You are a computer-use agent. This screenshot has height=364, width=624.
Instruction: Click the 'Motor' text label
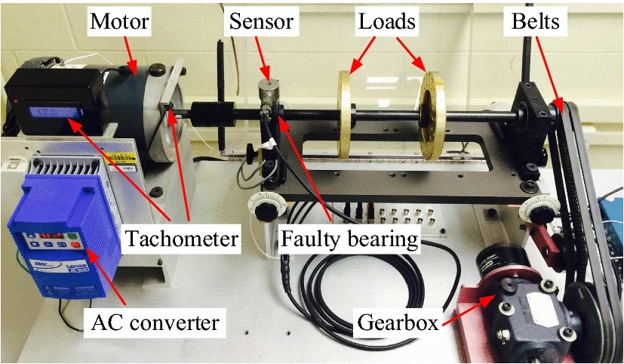pyautogui.click(x=120, y=21)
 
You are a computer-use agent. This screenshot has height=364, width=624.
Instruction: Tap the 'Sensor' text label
pyautogui.click(x=263, y=21)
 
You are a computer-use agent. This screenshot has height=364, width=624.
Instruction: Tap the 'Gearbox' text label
pyautogui.click(x=397, y=323)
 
